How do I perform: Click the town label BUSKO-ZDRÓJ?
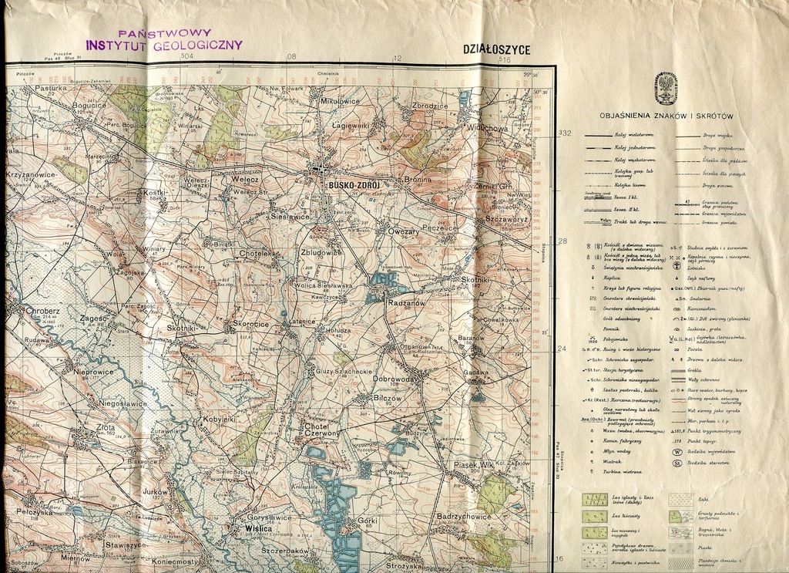(354, 186)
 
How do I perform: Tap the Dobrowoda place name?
(396, 379)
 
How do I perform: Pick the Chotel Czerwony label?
(323, 430)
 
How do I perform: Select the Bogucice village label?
(89, 105)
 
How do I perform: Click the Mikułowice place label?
(340, 101)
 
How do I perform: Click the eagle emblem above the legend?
(665, 89)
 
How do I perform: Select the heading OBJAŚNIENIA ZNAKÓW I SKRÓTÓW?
(665, 116)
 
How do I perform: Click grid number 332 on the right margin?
(564, 133)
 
